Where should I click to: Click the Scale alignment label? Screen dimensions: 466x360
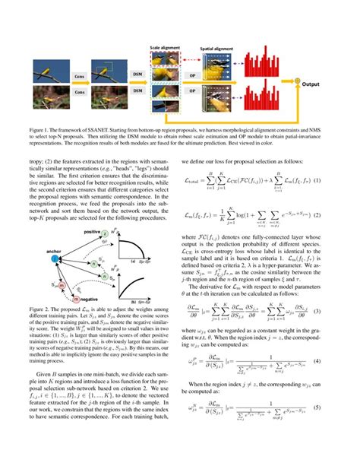pyautogui.click(x=165, y=47)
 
